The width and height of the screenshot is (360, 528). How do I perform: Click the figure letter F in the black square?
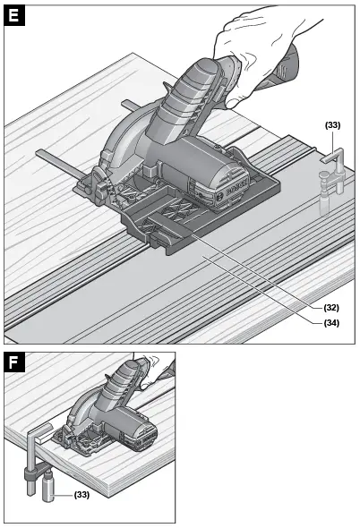(x=13, y=362)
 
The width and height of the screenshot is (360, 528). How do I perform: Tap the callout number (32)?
(x=331, y=306)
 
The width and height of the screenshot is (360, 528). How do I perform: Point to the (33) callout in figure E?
(x=332, y=125)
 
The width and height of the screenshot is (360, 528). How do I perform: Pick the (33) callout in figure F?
(x=81, y=494)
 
